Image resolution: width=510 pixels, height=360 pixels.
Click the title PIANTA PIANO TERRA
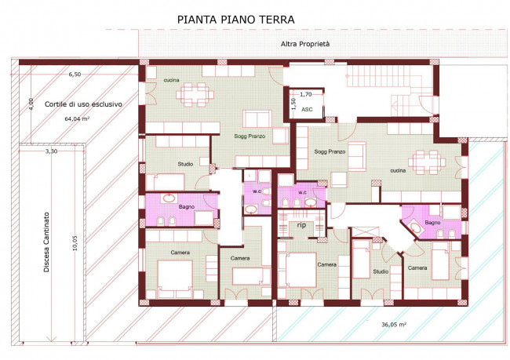pyautogui.click(x=236, y=18)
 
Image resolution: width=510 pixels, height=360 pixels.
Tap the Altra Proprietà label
pyautogui.click(x=305, y=45)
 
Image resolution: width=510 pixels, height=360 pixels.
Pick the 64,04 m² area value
pyautogui.click(x=76, y=119)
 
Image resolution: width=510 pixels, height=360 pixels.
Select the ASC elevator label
pyautogui.click(x=307, y=111)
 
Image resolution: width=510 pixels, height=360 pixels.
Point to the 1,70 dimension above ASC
pyautogui.click(x=306, y=93)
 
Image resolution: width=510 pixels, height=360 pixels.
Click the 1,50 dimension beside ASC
pyautogui.click(x=293, y=102)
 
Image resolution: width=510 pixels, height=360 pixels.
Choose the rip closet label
pyautogui.click(x=301, y=225)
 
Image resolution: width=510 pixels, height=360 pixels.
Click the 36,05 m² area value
pyautogui.click(x=393, y=323)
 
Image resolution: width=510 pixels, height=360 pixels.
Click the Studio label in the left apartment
pyautogui.click(x=185, y=164)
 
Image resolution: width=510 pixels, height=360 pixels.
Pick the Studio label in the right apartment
pyautogui.click(x=380, y=272)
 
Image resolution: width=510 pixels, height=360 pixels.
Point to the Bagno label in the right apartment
pyautogui.click(x=433, y=223)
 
